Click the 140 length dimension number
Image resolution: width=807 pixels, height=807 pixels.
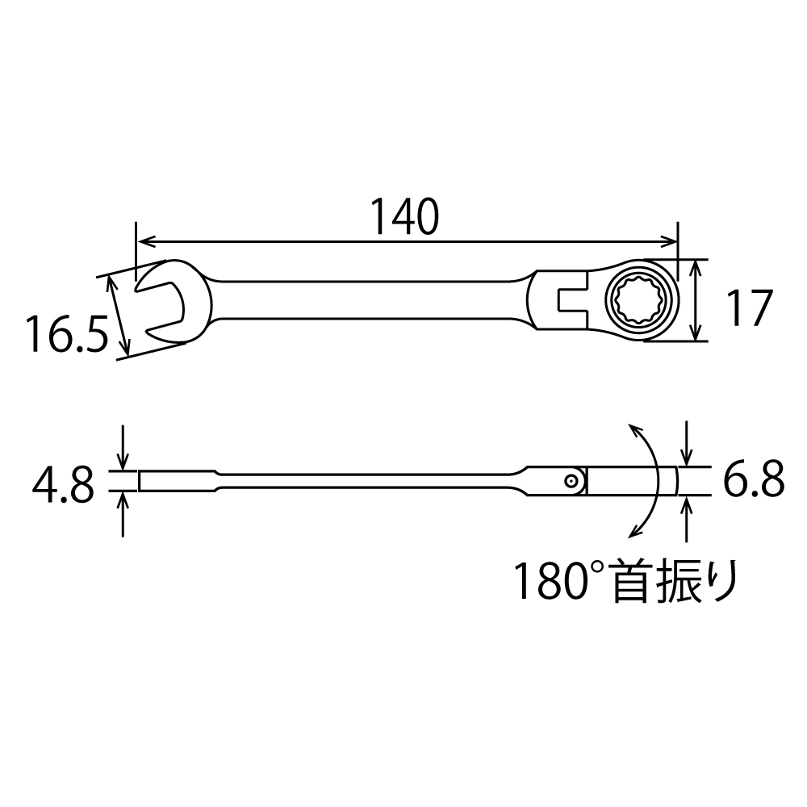404,216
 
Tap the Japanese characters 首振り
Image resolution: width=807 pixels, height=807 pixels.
674,582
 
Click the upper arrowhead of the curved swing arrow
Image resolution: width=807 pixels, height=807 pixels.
634,430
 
